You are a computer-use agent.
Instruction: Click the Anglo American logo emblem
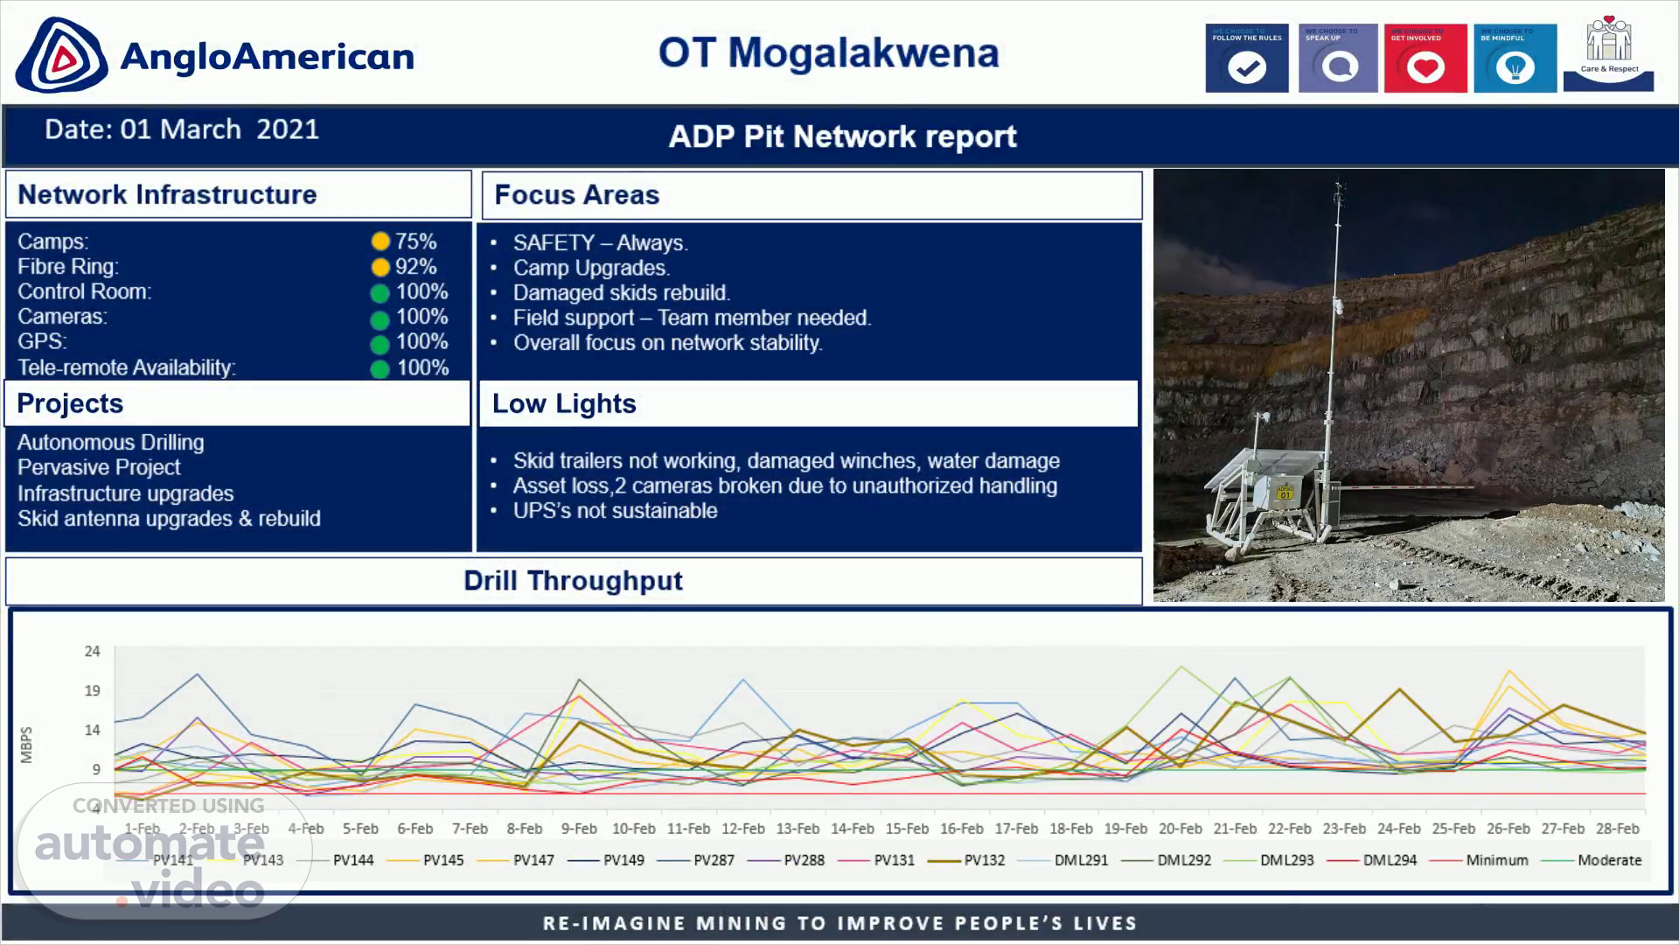61,56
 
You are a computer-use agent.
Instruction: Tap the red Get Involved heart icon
1425,66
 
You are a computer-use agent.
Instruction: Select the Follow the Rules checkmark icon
1246,66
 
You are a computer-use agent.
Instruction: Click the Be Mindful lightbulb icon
1515,66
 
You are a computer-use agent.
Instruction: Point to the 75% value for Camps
415,241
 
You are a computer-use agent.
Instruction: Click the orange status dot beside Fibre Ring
380,267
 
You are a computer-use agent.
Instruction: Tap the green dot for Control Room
380,293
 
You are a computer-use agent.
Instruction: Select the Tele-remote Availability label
127,367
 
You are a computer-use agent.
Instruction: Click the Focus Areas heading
576,195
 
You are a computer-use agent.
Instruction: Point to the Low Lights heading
564,403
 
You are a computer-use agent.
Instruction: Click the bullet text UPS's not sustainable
615,511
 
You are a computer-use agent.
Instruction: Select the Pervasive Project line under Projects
99,467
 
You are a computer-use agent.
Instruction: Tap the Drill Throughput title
573,581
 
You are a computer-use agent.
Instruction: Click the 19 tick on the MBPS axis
93,690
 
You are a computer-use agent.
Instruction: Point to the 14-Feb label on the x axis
852,829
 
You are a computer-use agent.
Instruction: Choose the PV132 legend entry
984,860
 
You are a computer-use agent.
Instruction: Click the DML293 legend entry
1286,860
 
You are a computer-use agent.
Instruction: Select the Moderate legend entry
1609,860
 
